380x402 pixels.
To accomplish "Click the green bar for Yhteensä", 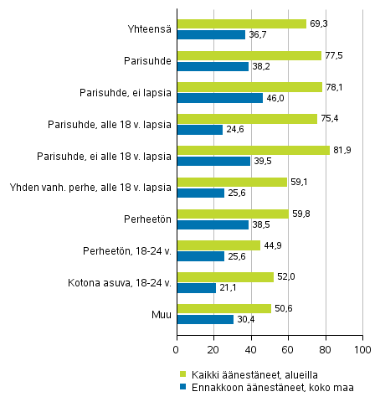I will (241, 23).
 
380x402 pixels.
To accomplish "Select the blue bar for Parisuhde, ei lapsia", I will (219, 98).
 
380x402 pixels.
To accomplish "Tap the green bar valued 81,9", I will (253, 150).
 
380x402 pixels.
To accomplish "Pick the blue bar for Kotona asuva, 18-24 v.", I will (196, 288).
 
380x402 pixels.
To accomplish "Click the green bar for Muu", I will (223, 308).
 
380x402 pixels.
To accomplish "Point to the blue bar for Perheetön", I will (213, 224).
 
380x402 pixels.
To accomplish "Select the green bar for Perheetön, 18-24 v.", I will (218, 245).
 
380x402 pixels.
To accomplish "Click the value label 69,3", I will (319, 23).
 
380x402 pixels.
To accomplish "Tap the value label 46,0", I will (275, 98).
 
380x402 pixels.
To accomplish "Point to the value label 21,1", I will (229, 288).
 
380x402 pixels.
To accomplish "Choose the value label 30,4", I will (246, 319).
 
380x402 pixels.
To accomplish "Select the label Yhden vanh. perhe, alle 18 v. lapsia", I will (90, 188).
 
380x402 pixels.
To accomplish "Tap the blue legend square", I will (182, 386).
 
